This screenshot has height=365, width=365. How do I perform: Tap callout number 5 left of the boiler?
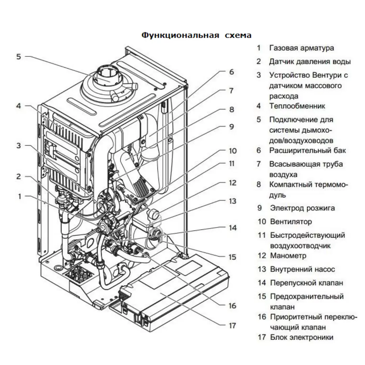[x=19, y=57]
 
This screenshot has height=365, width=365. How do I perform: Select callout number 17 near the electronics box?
[x=232, y=326]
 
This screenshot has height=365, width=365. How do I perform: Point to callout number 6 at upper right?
[x=231, y=72]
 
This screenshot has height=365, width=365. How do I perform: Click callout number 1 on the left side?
[x=19, y=196]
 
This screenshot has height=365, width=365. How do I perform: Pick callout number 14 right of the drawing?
[x=232, y=227]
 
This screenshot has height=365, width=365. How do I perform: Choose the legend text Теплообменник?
[x=297, y=106]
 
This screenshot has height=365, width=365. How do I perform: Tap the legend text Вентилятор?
[x=291, y=222]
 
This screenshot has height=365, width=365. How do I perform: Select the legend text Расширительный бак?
[x=308, y=150]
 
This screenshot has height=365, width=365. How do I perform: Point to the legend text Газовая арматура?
[x=301, y=48]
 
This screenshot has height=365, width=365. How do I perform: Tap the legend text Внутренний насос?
[x=302, y=269]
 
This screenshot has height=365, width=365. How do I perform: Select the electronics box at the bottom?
[x=169, y=291]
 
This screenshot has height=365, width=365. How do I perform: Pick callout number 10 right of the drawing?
[x=233, y=151]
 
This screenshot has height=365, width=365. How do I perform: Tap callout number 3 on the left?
[x=19, y=146]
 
